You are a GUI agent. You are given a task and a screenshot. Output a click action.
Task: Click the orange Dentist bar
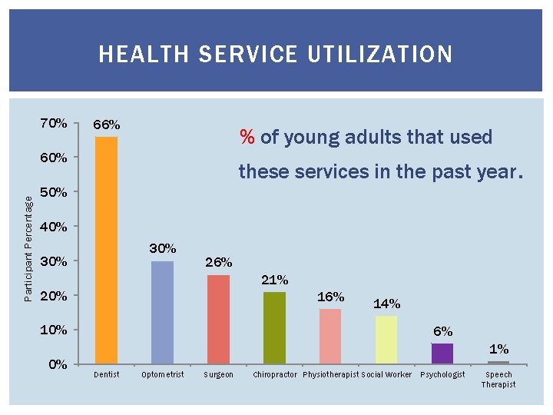(x=106, y=250)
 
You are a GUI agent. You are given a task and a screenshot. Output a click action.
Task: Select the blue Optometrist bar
(x=162, y=312)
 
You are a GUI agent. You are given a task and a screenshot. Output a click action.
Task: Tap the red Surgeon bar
(x=218, y=319)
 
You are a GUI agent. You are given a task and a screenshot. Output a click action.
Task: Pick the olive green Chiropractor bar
(x=274, y=327)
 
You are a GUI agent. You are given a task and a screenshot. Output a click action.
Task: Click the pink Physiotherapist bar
(x=330, y=336)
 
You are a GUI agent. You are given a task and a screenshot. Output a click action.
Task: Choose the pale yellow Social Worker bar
(x=386, y=339)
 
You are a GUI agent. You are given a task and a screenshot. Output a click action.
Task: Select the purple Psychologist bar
(x=442, y=353)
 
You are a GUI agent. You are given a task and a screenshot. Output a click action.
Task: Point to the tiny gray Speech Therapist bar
(x=498, y=362)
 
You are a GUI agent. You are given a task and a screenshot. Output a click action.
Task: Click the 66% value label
(x=106, y=124)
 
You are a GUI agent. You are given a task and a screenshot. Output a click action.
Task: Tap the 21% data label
(x=274, y=280)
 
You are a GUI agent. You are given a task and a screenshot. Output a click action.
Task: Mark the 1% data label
(x=498, y=349)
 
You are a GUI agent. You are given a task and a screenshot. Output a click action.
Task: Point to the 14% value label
(x=386, y=304)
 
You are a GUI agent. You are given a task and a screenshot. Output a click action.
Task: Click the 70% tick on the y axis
(x=54, y=123)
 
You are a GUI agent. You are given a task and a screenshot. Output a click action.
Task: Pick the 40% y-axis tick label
(x=54, y=227)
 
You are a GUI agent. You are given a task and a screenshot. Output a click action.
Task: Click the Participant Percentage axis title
(x=28, y=248)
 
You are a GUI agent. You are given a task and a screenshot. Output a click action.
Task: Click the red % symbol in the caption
(x=247, y=138)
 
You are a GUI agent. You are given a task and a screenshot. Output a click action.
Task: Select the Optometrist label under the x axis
(x=162, y=375)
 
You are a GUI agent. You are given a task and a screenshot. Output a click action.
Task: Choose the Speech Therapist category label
(x=498, y=380)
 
